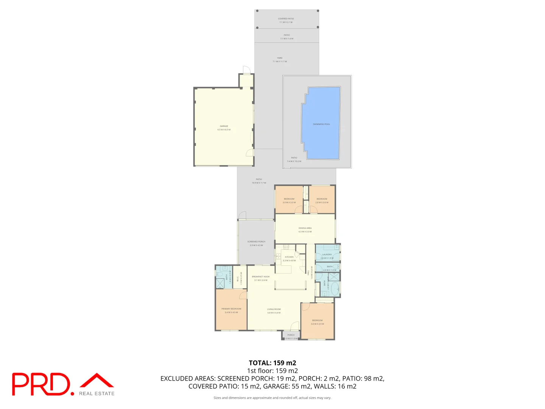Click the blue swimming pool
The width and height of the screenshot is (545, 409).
pyautogui.click(x=321, y=123)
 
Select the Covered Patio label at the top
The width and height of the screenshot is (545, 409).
pyautogui.click(x=286, y=19)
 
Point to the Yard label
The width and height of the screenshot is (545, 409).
pyautogui.click(x=280, y=58)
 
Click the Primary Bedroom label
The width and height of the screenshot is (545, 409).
pyautogui.click(x=231, y=309)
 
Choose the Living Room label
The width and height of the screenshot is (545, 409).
pyautogui.click(x=274, y=309)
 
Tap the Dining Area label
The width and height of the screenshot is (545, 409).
pyautogui.click(x=305, y=228)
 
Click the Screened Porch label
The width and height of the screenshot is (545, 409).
pyautogui.click(x=256, y=242)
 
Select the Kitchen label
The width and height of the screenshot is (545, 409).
pyautogui.click(x=289, y=257)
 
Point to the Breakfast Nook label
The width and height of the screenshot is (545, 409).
pyautogui.click(x=261, y=277)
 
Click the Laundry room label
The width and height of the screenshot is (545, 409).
pyautogui.click(x=327, y=254)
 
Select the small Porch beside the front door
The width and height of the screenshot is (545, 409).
pyautogui.click(x=291, y=335)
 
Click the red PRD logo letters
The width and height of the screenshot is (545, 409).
pyautogui.click(x=41, y=384)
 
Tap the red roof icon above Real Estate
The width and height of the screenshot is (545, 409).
pyautogui.click(x=97, y=380)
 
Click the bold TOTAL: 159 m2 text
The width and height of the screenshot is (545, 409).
pyautogui.click(x=272, y=363)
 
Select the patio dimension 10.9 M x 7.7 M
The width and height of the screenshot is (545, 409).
pyautogui.click(x=259, y=183)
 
